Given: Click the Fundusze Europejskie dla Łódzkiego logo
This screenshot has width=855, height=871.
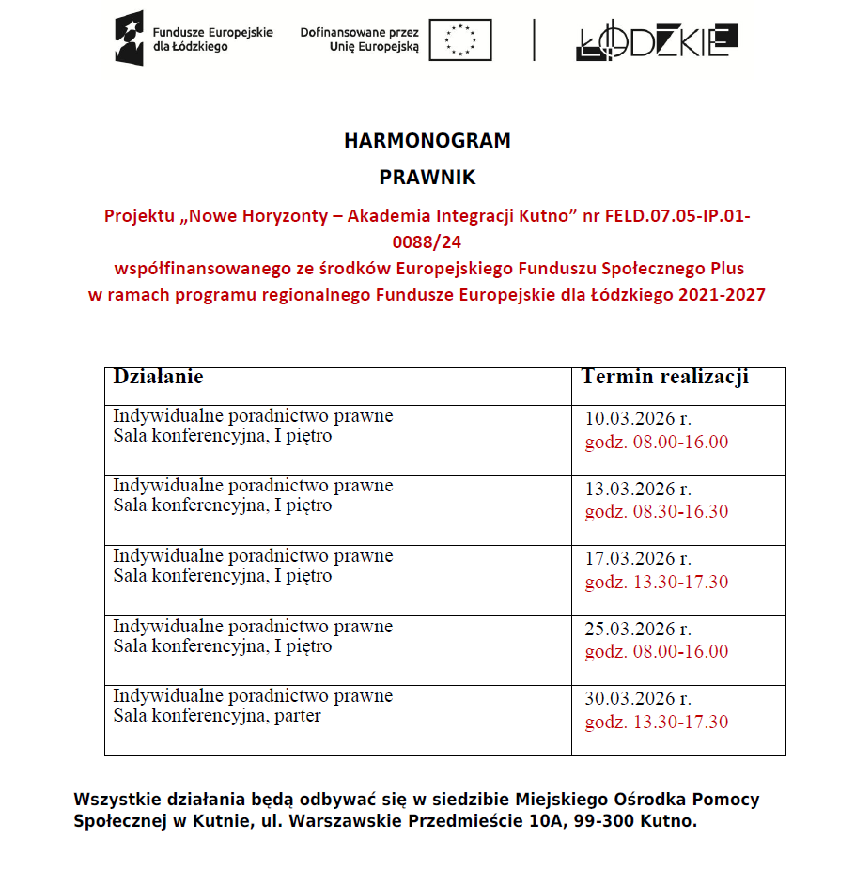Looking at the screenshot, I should pyautogui.click(x=194, y=39).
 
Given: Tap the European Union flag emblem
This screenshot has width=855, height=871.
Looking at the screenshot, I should pyautogui.click(x=460, y=39).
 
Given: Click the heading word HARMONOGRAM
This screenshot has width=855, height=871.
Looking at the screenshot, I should pyautogui.click(x=427, y=141).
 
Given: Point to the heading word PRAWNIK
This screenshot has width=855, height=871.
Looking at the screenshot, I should pyautogui.click(x=427, y=177).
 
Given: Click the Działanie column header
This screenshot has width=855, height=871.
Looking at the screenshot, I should pyautogui.click(x=158, y=377).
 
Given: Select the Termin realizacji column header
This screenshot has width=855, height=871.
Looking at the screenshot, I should pyautogui.click(x=665, y=377).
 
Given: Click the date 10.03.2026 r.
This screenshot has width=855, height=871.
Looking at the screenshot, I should pyautogui.click(x=638, y=419).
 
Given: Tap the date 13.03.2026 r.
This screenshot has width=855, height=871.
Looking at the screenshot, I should pyautogui.click(x=638, y=490).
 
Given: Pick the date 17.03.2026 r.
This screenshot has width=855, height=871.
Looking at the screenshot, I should pyautogui.click(x=638, y=559).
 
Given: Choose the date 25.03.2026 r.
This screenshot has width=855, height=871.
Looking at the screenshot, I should pyautogui.click(x=638, y=630).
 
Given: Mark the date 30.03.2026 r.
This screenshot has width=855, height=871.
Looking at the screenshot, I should pyautogui.click(x=638, y=699).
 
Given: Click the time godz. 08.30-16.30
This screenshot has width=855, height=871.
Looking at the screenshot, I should pyautogui.click(x=657, y=512).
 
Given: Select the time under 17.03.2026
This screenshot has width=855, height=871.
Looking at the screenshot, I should pyautogui.click(x=657, y=583).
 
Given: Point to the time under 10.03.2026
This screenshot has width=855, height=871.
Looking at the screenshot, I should pyautogui.click(x=657, y=443).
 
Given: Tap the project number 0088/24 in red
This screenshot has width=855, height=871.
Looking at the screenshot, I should pyautogui.click(x=427, y=242).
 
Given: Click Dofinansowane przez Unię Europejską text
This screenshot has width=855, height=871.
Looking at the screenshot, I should pyautogui.click(x=360, y=39).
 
